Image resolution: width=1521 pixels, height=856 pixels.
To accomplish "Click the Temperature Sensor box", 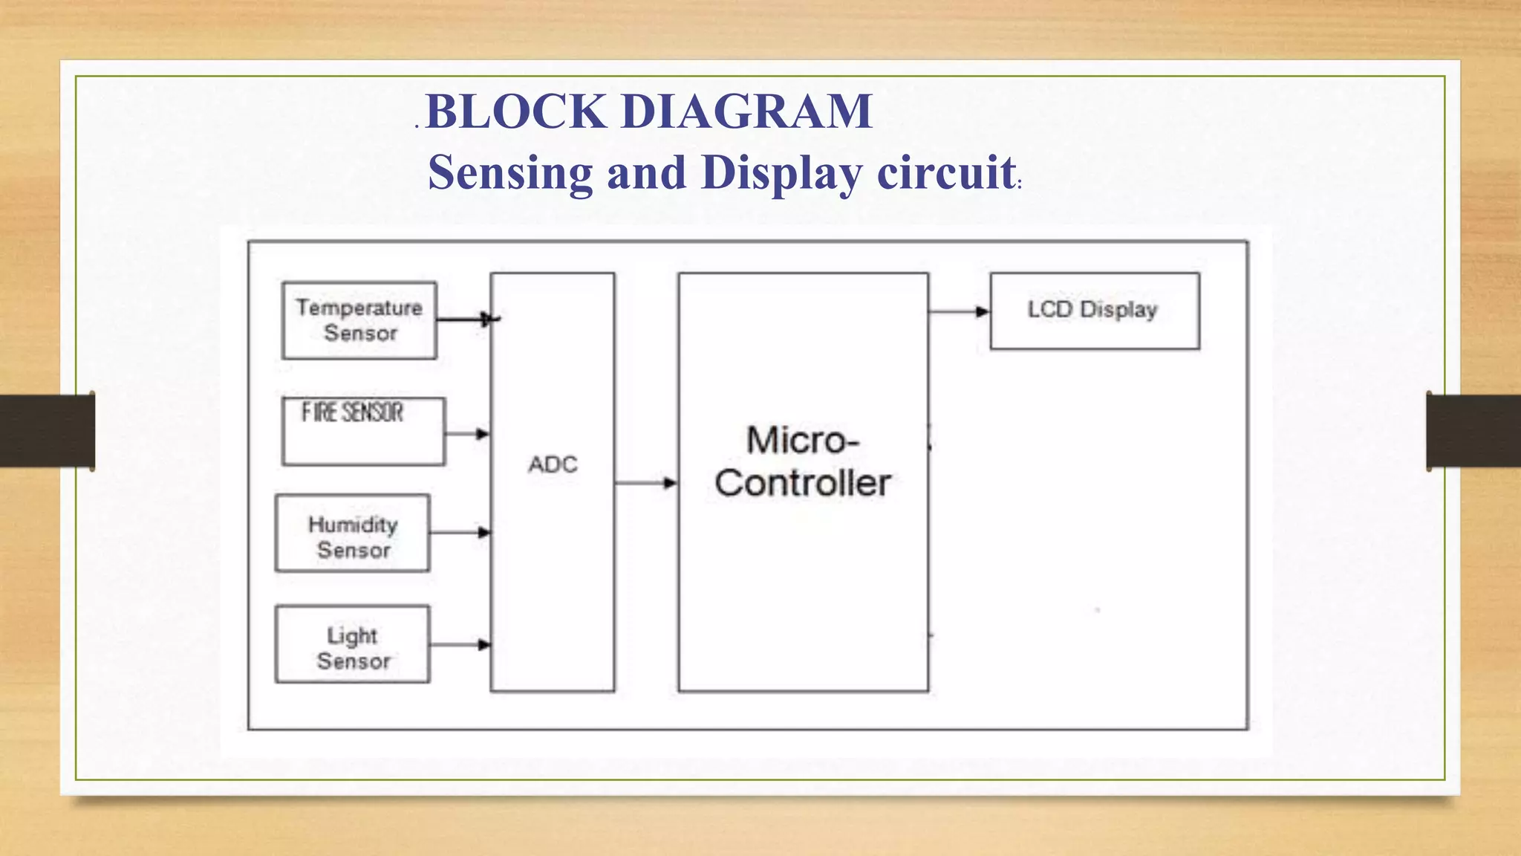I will (359, 320).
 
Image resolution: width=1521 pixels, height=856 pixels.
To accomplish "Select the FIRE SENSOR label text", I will (352, 412).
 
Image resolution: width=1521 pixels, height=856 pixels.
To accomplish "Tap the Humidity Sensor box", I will (353, 534).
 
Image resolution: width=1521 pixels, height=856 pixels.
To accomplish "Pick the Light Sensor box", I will (353, 644).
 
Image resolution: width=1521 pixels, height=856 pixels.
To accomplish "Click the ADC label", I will (553, 464).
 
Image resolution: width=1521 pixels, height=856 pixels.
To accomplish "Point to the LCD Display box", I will (1094, 311).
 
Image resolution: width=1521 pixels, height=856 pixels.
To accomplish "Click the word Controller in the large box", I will (803, 483).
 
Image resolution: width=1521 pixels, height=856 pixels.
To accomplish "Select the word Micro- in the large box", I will (803, 440).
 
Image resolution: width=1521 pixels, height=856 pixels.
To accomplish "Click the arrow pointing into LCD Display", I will (960, 311).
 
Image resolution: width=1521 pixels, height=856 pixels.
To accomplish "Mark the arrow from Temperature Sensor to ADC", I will (465, 320).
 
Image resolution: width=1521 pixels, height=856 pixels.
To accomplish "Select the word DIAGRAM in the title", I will (746, 111).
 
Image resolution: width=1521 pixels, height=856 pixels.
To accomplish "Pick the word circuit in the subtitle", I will (946, 172).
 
